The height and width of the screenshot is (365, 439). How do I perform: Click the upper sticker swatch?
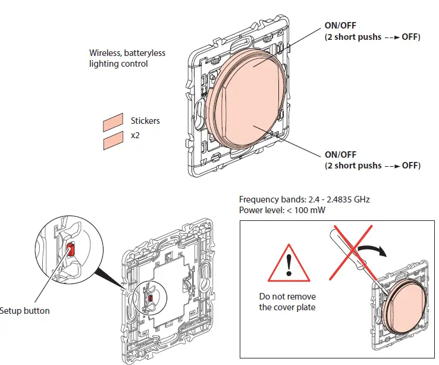pyautogui.click(x=112, y=124)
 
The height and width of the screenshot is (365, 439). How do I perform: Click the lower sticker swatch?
pyautogui.click(x=112, y=142)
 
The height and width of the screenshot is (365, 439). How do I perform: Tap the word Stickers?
pyautogui.click(x=145, y=121)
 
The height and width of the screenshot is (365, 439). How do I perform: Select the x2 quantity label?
pyautogui.click(x=136, y=135)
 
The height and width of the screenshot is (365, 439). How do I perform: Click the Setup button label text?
pyautogui.click(x=25, y=311)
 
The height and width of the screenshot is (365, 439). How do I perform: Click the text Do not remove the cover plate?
pyautogui.click(x=288, y=302)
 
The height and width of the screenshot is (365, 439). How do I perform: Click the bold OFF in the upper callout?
pyautogui.click(x=411, y=37)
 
